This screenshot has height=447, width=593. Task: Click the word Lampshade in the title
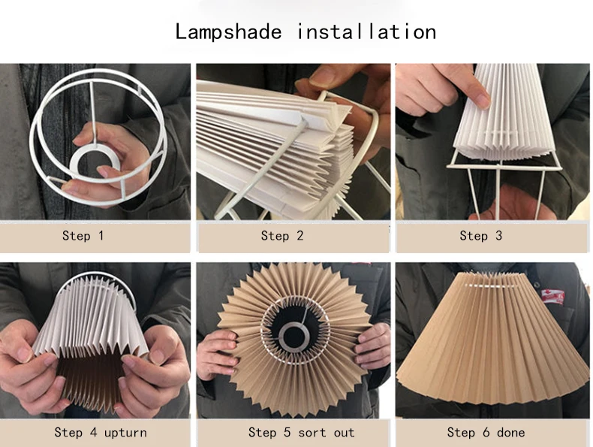click(x=228, y=32)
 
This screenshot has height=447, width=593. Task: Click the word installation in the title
click(x=366, y=32)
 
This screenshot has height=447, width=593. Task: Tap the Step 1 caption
click(x=83, y=236)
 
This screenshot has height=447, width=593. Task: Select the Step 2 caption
click(x=282, y=236)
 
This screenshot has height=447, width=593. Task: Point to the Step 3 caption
click(x=481, y=236)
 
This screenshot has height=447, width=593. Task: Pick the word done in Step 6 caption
click(x=510, y=432)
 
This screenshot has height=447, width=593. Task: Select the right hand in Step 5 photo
click(x=373, y=346)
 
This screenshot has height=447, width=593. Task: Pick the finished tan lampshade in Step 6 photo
click(x=488, y=338)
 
